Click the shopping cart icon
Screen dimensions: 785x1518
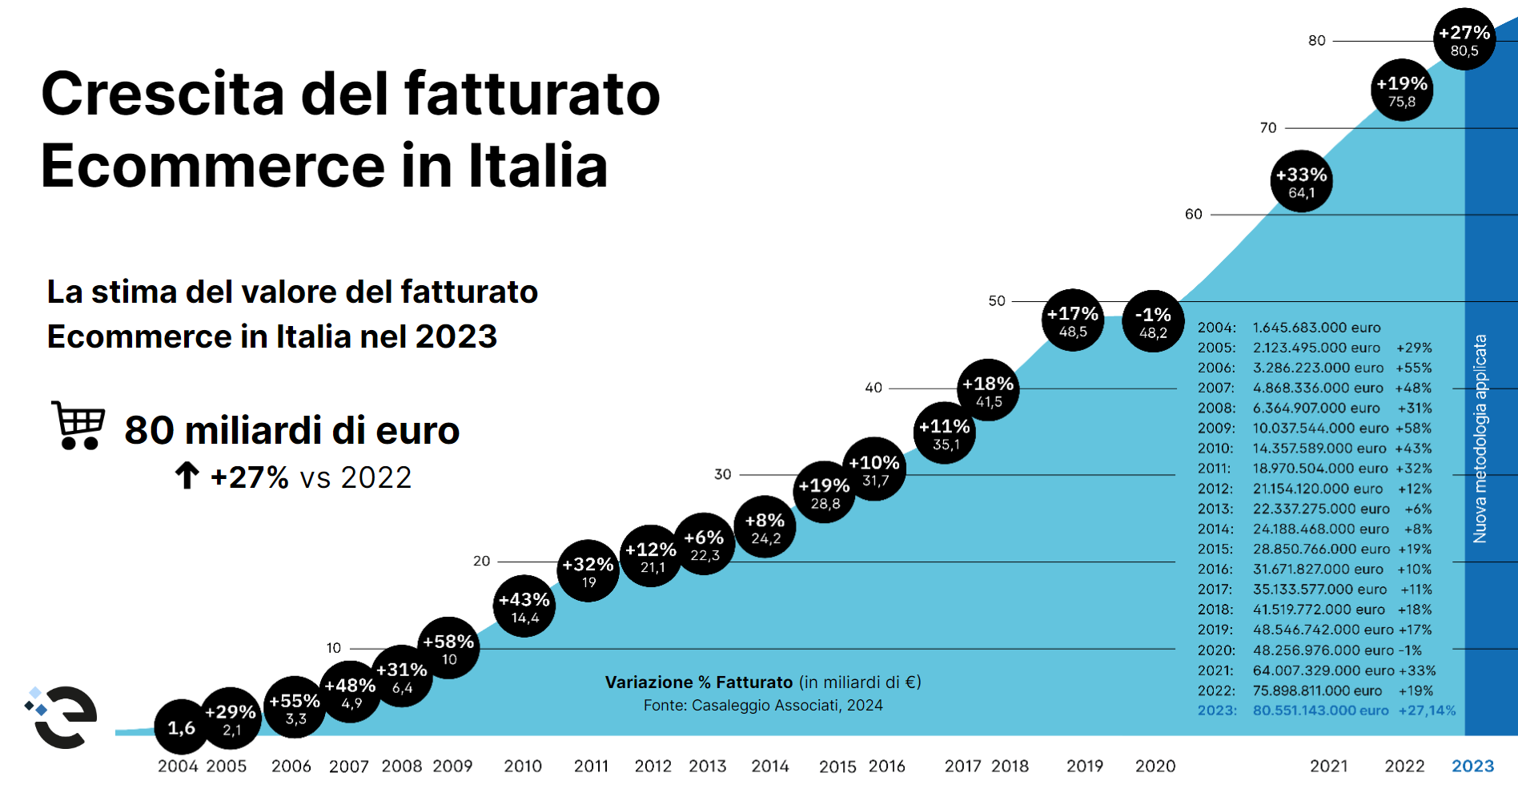[x=78, y=425]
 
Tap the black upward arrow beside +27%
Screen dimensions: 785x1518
[x=187, y=476]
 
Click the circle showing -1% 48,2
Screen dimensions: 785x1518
[x=1153, y=321]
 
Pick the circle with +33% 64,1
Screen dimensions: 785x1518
[x=1301, y=182]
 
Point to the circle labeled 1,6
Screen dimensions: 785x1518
[x=182, y=727]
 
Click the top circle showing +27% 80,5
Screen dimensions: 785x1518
[x=1464, y=39]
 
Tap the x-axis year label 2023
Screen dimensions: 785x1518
[x=1473, y=766]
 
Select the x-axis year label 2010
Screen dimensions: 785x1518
[x=523, y=766]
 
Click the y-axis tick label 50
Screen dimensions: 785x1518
[x=996, y=301]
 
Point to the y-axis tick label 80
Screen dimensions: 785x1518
[x=1316, y=41]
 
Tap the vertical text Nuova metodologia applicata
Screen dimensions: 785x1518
[x=1480, y=439]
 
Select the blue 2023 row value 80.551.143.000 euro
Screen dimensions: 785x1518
[x=1320, y=711]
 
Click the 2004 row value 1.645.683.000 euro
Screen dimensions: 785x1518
[x=1316, y=328]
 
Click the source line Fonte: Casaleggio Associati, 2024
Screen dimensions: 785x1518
[x=763, y=706]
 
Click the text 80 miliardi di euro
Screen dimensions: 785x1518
[x=291, y=431]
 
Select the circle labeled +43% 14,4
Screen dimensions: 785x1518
[x=524, y=606]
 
